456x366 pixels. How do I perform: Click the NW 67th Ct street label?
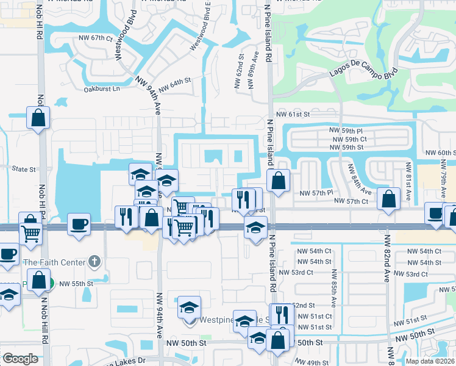96,38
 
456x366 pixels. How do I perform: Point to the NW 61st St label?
293,114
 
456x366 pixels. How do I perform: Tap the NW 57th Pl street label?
316,193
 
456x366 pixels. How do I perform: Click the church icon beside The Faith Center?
93,262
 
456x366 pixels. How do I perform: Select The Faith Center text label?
54,263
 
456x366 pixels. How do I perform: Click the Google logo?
20,359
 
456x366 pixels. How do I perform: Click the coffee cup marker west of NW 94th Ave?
79,223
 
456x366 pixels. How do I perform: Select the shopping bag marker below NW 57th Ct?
388,198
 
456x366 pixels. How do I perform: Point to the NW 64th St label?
177,81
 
